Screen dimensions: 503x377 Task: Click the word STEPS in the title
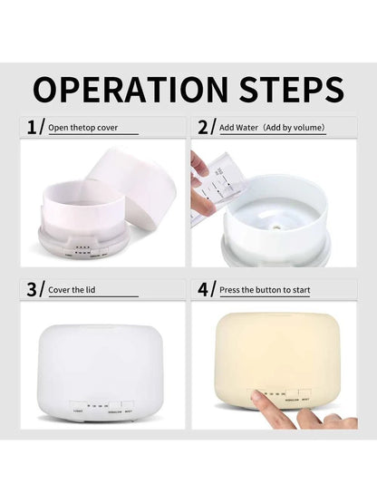point(291,89)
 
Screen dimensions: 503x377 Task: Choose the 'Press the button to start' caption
point(266,291)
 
